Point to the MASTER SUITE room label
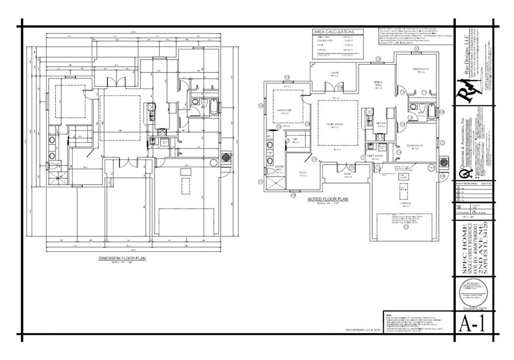[x=284, y=110]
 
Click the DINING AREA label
[x=377, y=84]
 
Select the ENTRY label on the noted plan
[x=348, y=174]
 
